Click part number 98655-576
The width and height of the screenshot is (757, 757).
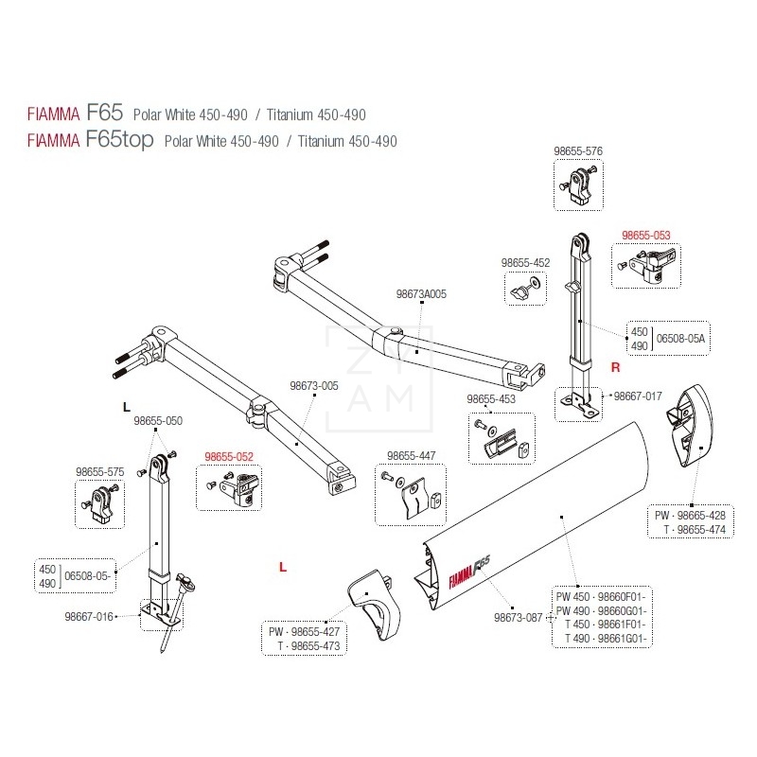click(x=578, y=151)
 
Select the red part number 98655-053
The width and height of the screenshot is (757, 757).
click(x=646, y=235)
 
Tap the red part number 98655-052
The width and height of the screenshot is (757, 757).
click(x=229, y=456)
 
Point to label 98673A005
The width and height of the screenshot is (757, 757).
click(x=421, y=294)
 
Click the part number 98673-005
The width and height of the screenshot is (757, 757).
click(x=314, y=386)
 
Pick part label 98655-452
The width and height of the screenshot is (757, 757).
click(x=525, y=263)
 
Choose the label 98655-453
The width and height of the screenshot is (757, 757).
click(x=491, y=398)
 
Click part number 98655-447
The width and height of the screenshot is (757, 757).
click(x=412, y=455)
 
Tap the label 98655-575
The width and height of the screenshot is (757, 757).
click(x=100, y=471)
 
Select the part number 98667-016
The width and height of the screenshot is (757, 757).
click(x=89, y=617)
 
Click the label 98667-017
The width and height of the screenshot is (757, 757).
click(x=638, y=396)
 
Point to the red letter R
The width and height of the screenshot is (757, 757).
click(x=616, y=367)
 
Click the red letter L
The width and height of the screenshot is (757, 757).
click(x=283, y=567)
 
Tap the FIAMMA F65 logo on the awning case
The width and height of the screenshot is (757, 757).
click(x=469, y=572)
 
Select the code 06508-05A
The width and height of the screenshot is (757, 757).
click(x=680, y=339)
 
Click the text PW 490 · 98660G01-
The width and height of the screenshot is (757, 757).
click(x=601, y=610)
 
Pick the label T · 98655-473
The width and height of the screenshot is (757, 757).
click(x=308, y=646)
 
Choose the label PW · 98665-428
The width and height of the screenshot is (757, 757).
click(x=690, y=515)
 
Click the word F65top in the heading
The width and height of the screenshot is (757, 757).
click(x=120, y=138)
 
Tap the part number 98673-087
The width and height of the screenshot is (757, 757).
click(x=518, y=618)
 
